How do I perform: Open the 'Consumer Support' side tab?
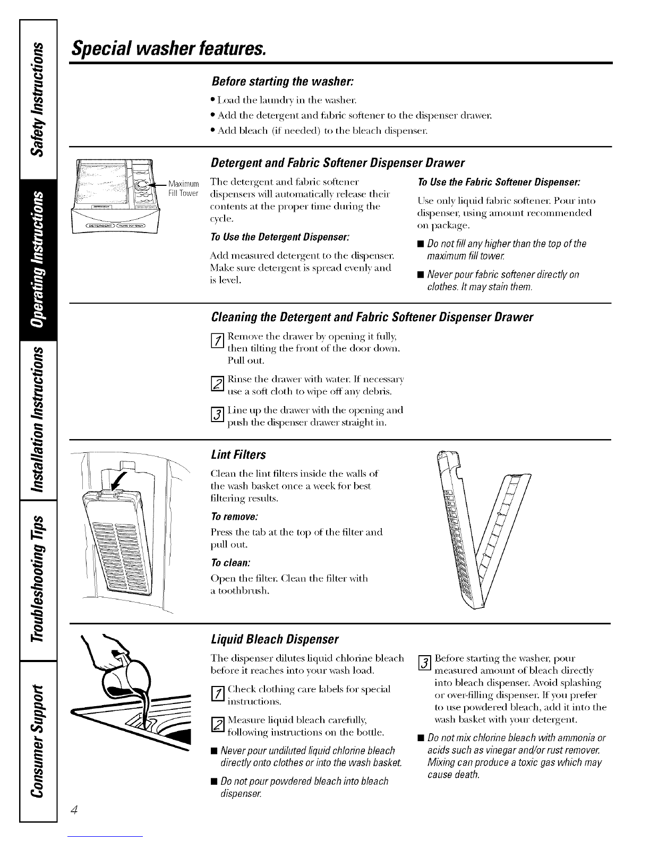(x=38, y=733)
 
